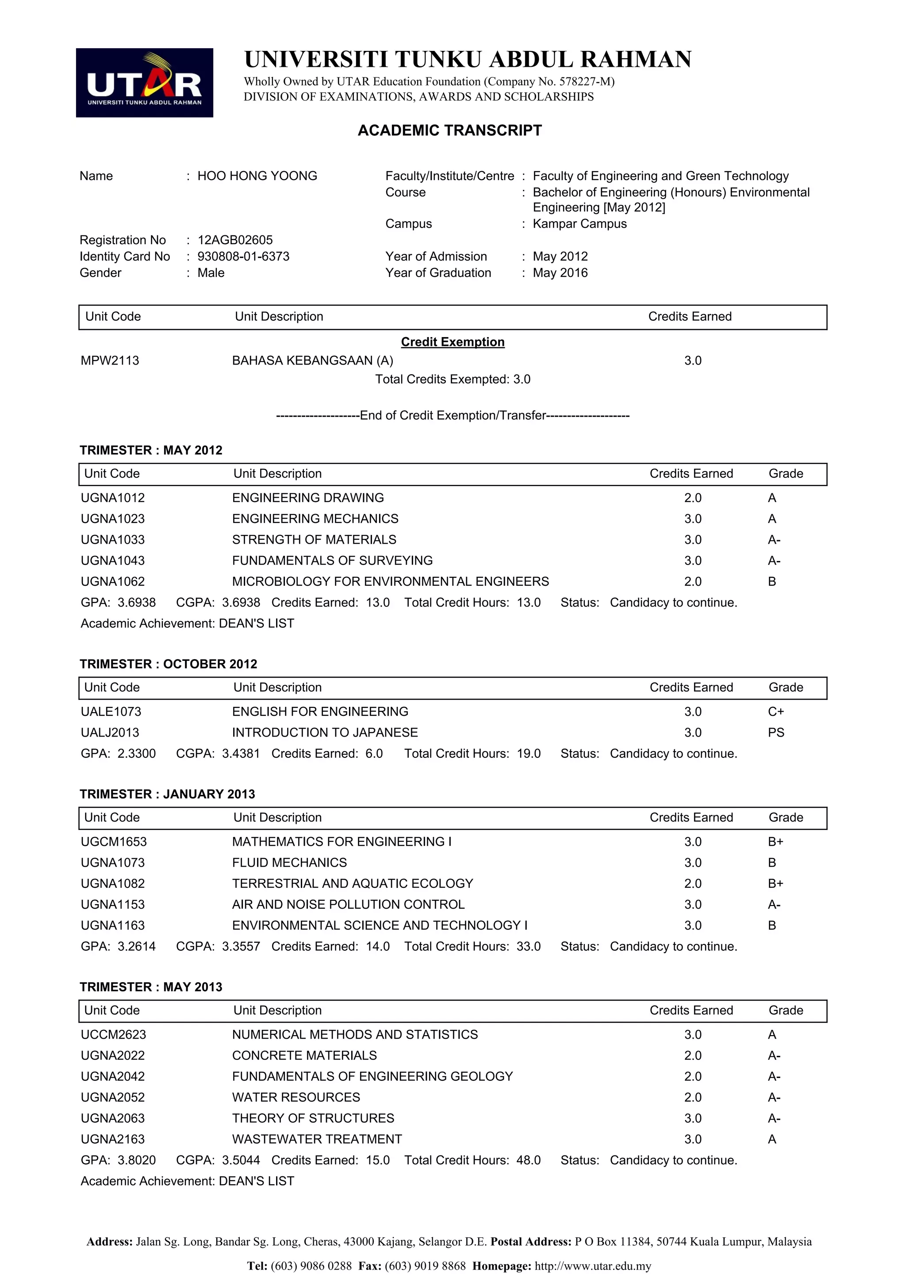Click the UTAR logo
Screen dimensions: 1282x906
pyautogui.click(x=144, y=83)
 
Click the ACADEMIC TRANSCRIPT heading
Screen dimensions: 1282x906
pyautogui.click(x=449, y=130)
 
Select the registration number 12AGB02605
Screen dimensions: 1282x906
pyautogui.click(x=235, y=240)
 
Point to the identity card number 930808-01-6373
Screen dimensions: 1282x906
pyautogui.click(x=243, y=256)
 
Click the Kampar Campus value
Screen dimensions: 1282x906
pyautogui.click(x=580, y=224)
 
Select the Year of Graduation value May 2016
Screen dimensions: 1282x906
pyautogui.click(x=560, y=273)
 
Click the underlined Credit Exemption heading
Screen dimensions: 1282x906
pyautogui.click(x=452, y=342)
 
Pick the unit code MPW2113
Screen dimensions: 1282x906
pyautogui.click(x=110, y=361)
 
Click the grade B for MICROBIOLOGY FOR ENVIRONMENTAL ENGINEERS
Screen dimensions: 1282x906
pyautogui.click(x=772, y=582)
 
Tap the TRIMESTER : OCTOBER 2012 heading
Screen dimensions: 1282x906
pyautogui.click(x=168, y=664)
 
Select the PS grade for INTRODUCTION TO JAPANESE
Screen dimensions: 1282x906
pyautogui.click(x=775, y=733)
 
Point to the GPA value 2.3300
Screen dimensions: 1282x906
pyautogui.click(x=137, y=754)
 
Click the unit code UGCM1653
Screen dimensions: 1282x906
pyautogui.click(x=113, y=841)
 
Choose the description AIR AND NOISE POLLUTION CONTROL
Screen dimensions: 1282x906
pyautogui.click(x=348, y=905)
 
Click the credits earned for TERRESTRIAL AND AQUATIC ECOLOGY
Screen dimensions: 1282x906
pyautogui.click(x=692, y=883)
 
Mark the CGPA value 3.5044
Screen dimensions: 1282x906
pyautogui.click(x=241, y=1160)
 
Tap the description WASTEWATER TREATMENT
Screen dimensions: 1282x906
pyautogui.click(x=316, y=1139)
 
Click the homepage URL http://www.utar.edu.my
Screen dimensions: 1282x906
pyautogui.click(x=593, y=1266)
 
